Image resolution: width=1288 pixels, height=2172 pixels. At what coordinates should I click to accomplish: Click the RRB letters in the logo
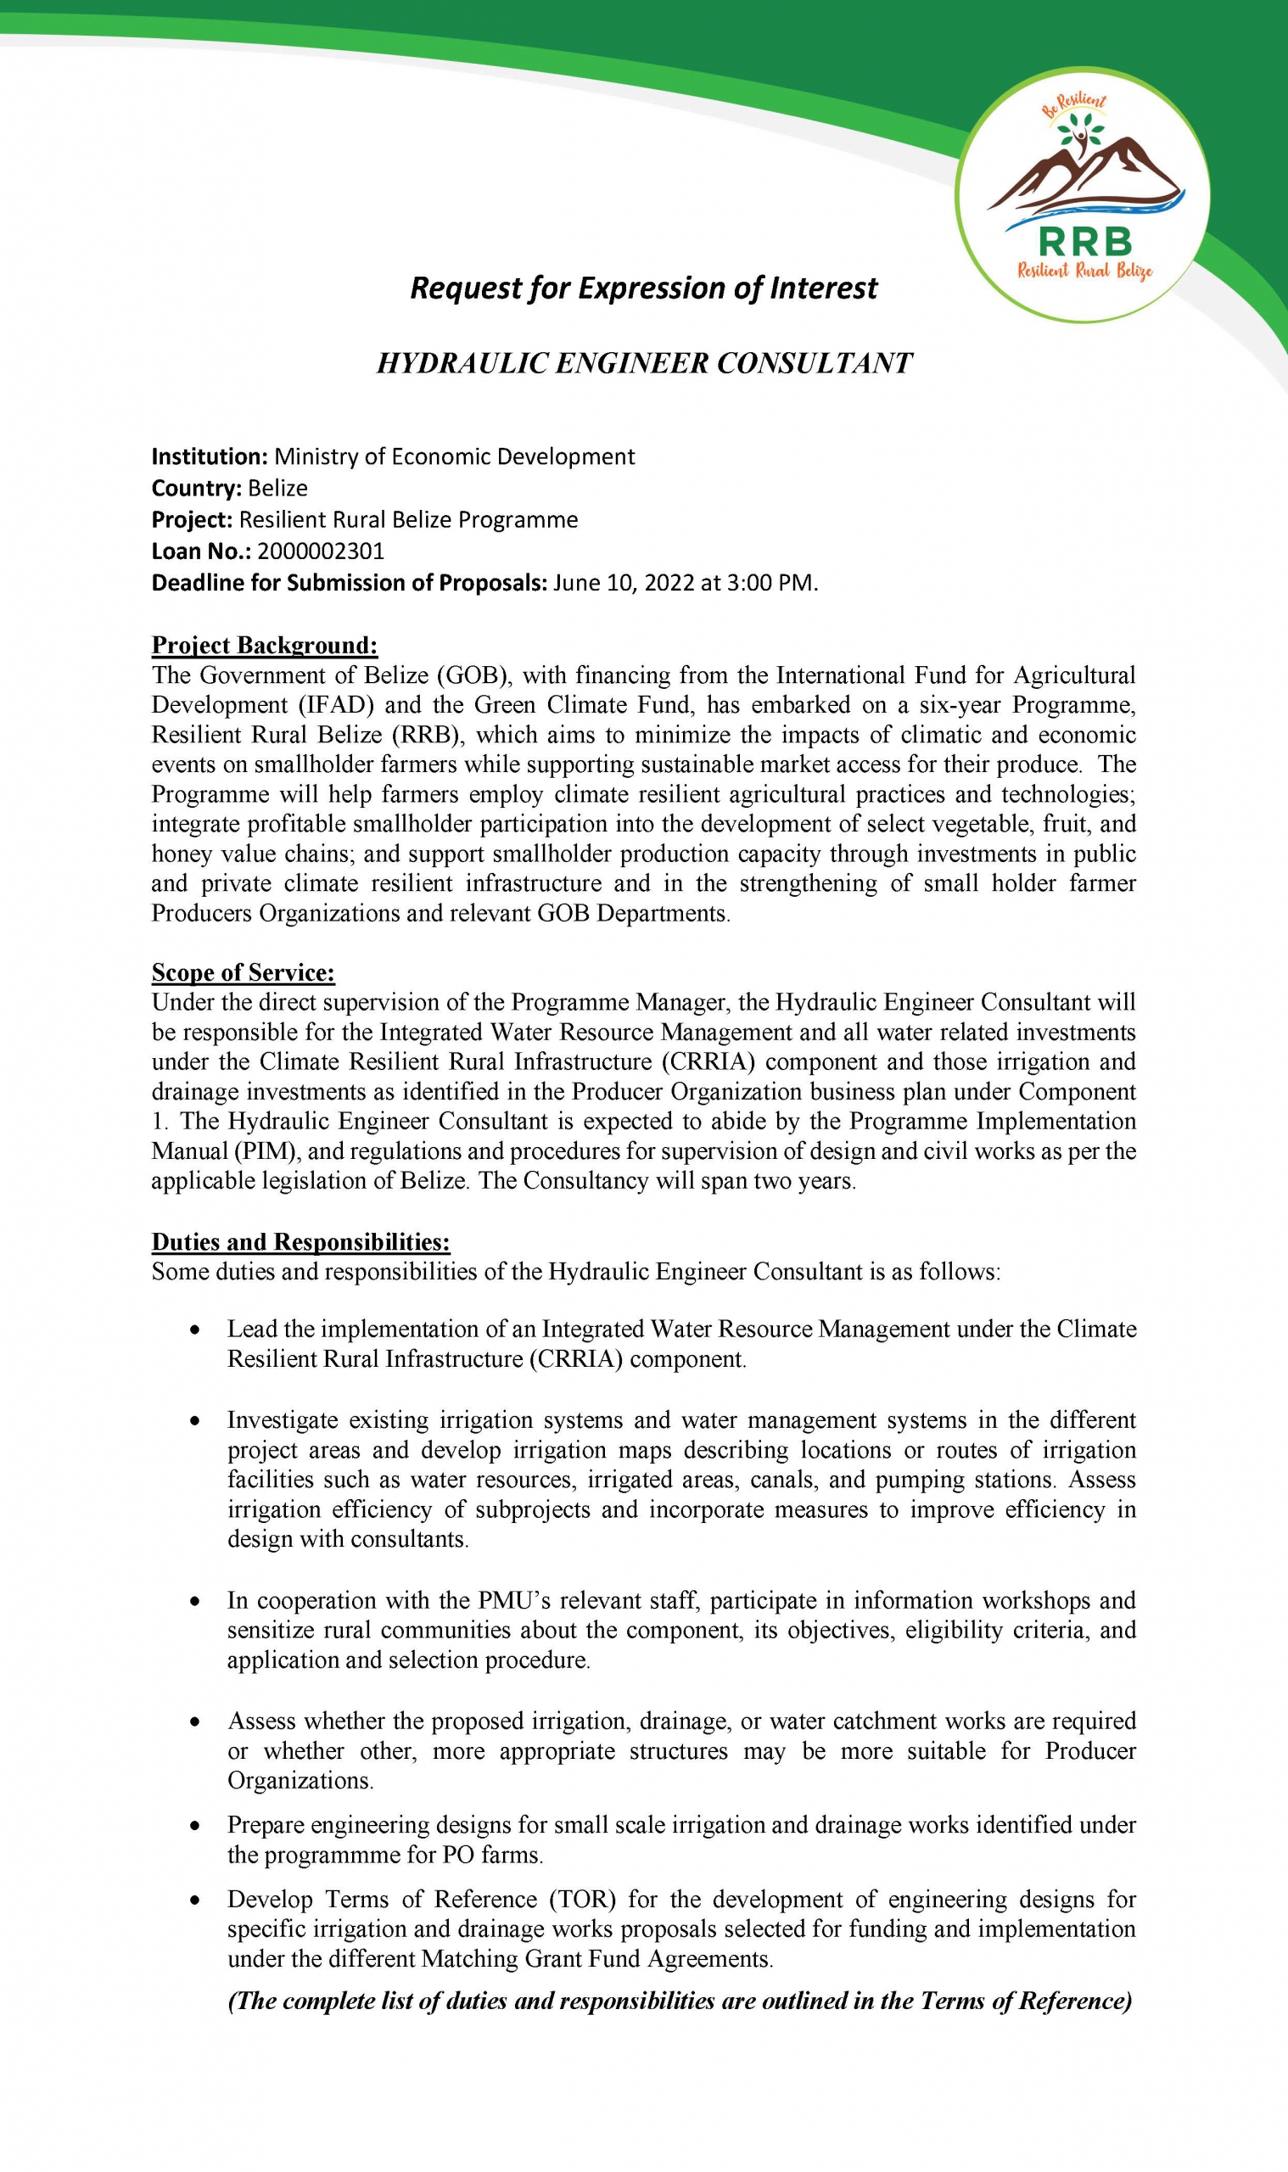tap(1085, 240)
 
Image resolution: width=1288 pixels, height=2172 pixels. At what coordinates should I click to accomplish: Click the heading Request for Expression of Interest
tap(643, 288)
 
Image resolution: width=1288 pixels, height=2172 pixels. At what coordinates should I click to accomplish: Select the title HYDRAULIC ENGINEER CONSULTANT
tap(644, 363)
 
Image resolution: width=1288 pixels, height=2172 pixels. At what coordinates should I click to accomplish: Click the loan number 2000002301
tap(320, 551)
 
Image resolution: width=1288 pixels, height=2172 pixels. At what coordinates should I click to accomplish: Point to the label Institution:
tap(210, 456)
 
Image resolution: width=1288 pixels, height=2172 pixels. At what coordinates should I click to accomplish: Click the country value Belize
tap(277, 488)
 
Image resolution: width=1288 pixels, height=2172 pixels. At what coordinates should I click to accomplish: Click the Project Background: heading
tap(265, 645)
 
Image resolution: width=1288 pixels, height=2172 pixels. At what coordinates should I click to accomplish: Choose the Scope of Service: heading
tap(243, 972)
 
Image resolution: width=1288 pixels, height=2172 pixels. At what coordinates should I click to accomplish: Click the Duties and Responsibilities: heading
tap(300, 1241)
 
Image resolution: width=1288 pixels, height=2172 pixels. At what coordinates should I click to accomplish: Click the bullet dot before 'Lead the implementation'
tap(198, 1330)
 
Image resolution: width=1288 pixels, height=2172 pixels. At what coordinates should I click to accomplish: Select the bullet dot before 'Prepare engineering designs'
tap(198, 1825)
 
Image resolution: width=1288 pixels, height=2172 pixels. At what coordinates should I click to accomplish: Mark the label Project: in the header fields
tap(192, 520)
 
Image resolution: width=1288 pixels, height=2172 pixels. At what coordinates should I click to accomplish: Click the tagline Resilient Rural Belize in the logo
tap(1085, 271)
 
